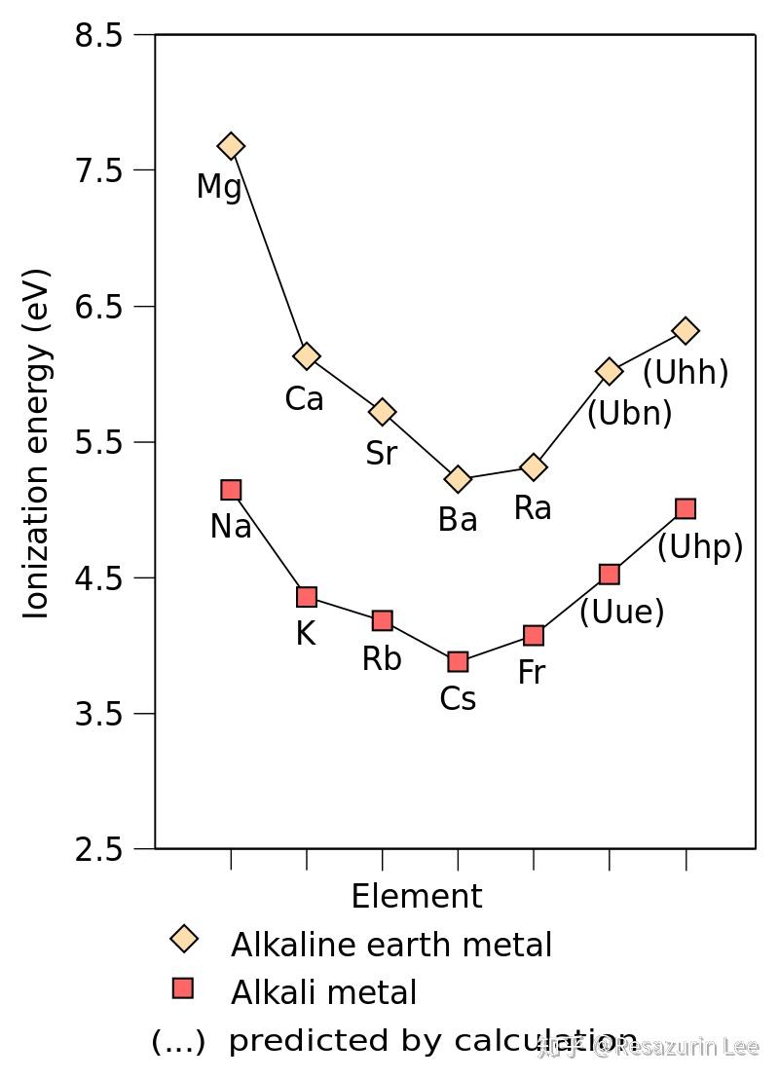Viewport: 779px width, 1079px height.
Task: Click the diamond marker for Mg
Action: click(x=231, y=146)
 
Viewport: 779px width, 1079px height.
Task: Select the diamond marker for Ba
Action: click(x=458, y=479)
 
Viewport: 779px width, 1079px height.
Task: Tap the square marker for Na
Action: click(x=231, y=490)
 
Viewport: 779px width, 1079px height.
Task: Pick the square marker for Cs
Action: click(x=458, y=662)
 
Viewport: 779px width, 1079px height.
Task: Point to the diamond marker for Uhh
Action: click(x=686, y=331)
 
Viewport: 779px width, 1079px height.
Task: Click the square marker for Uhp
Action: click(x=686, y=508)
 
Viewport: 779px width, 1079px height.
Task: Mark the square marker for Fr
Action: click(x=534, y=636)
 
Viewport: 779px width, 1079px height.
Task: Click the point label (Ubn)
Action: click(x=629, y=414)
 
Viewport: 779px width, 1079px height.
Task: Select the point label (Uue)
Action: click(x=621, y=613)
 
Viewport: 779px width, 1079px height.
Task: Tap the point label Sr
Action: click(x=382, y=454)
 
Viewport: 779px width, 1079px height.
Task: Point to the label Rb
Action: click(x=382, y=659)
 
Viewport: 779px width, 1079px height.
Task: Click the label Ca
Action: click(x=305, y=399)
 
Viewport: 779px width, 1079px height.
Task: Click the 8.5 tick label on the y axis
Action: click(x=98, y=36)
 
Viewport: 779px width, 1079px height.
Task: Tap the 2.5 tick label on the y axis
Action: click(x=98, y=850)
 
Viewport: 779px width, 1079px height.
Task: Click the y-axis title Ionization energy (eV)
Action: click(x=37, y=443)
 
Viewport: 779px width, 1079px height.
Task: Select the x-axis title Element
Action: click(x=417, y=896)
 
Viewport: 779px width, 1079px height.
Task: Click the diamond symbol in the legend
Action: click(x=184, y=940)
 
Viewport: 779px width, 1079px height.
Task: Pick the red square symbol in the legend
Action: click(x=183, y=989)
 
